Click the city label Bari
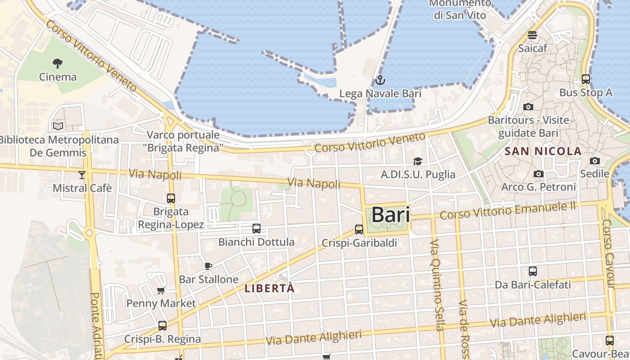[390, 215]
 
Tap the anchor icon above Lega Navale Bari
[380, 81]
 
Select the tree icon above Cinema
[58, 63]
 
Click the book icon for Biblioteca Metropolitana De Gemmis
[58, 126]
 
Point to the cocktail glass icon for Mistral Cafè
[82, 175]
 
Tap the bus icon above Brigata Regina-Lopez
[171, 198]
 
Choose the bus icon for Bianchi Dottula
[256, 229]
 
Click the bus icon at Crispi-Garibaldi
[359, 229]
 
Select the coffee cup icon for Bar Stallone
[208, 266]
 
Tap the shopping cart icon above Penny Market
[161, 290]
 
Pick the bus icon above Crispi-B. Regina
[162, 325]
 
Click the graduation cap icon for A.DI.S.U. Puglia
[418, 161]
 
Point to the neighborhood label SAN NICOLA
[543, 151]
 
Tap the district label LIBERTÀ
[270, 288]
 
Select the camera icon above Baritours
[528, 107]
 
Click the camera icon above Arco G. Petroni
[538, 174]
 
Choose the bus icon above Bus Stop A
[586, 79]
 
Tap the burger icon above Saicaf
[532, 35]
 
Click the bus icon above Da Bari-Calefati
[533, 271]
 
